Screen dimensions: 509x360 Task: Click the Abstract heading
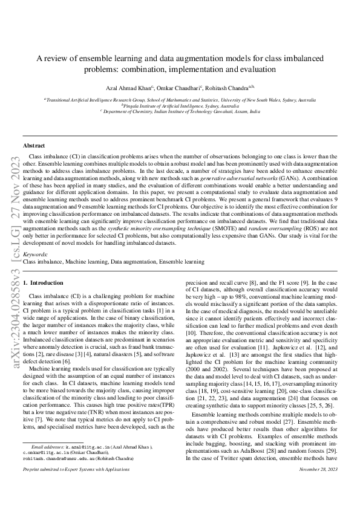click(x=34, y=146)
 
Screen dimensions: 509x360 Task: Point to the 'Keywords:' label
click(x=34, y=272)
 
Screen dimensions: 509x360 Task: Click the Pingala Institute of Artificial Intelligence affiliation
click(x=180, y=105)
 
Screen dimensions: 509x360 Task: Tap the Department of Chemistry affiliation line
click(x=180, y=112)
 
